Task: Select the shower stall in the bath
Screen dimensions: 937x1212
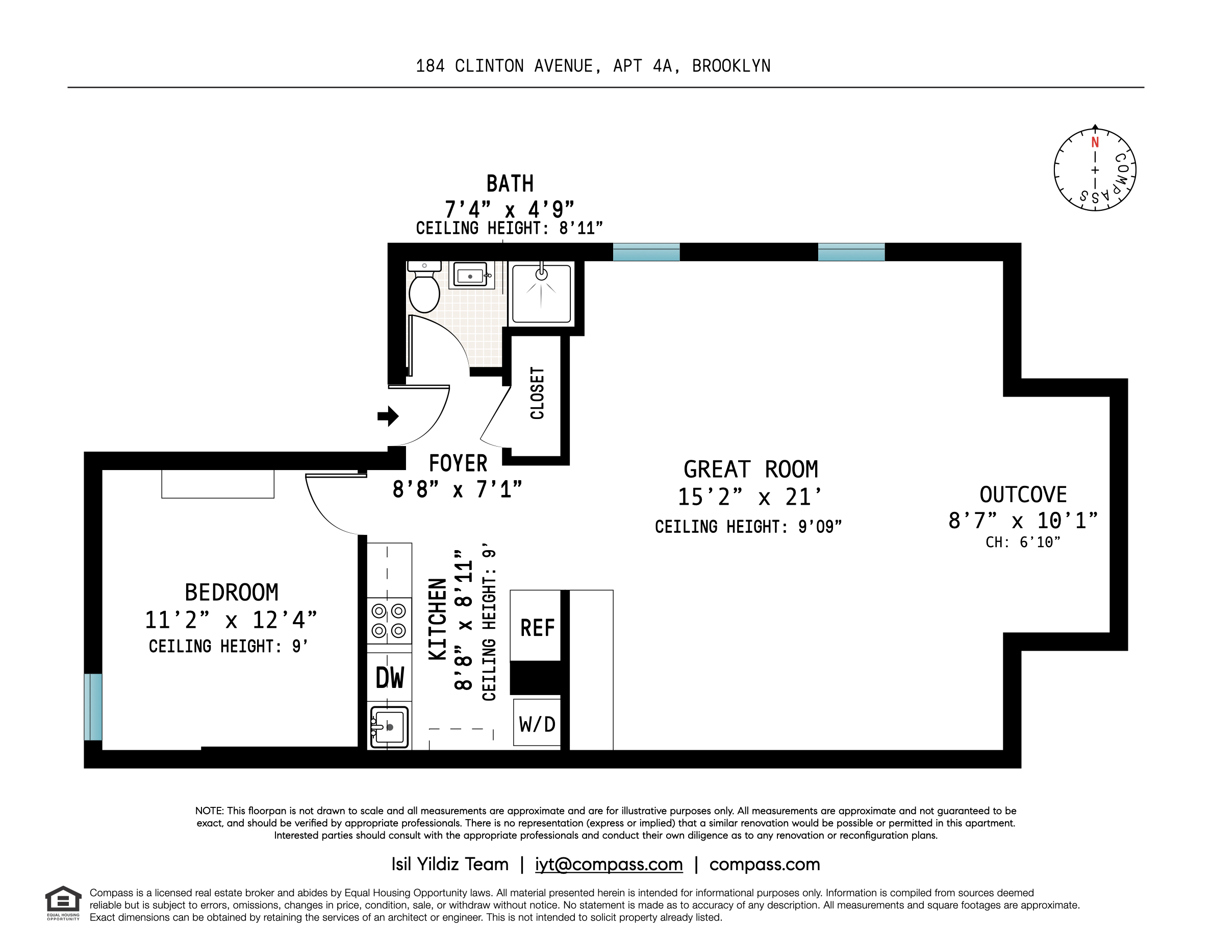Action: click(x=541, y=293)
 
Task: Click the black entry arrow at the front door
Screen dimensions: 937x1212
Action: click(x=388, y=416)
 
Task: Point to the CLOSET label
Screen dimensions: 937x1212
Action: click(x=537, y=393)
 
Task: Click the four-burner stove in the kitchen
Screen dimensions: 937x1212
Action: click(x=389, y=621)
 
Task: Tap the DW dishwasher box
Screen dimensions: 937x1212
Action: click(x=390, y=677)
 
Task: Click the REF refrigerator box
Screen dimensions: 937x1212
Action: click(x=537, y=628)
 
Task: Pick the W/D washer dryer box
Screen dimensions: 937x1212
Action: click(x=537, y=724)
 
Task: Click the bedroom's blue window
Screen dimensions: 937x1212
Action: click(x=93, y=707)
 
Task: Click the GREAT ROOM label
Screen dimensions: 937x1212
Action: click(x=750, y=470)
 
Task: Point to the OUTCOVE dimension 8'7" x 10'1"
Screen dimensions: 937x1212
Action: click(x=1023, y=521)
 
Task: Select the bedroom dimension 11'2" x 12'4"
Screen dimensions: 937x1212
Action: click(x=231, y=620)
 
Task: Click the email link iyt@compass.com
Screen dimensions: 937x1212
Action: click(x=608, y=865)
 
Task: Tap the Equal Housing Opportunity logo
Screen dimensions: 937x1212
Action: click(x=63, y=903)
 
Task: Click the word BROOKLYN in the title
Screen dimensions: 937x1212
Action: click(x=731, y=66)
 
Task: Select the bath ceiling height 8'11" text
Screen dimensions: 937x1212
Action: click(x=580, y=228)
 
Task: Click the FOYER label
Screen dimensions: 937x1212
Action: click(x=458, y=463)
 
